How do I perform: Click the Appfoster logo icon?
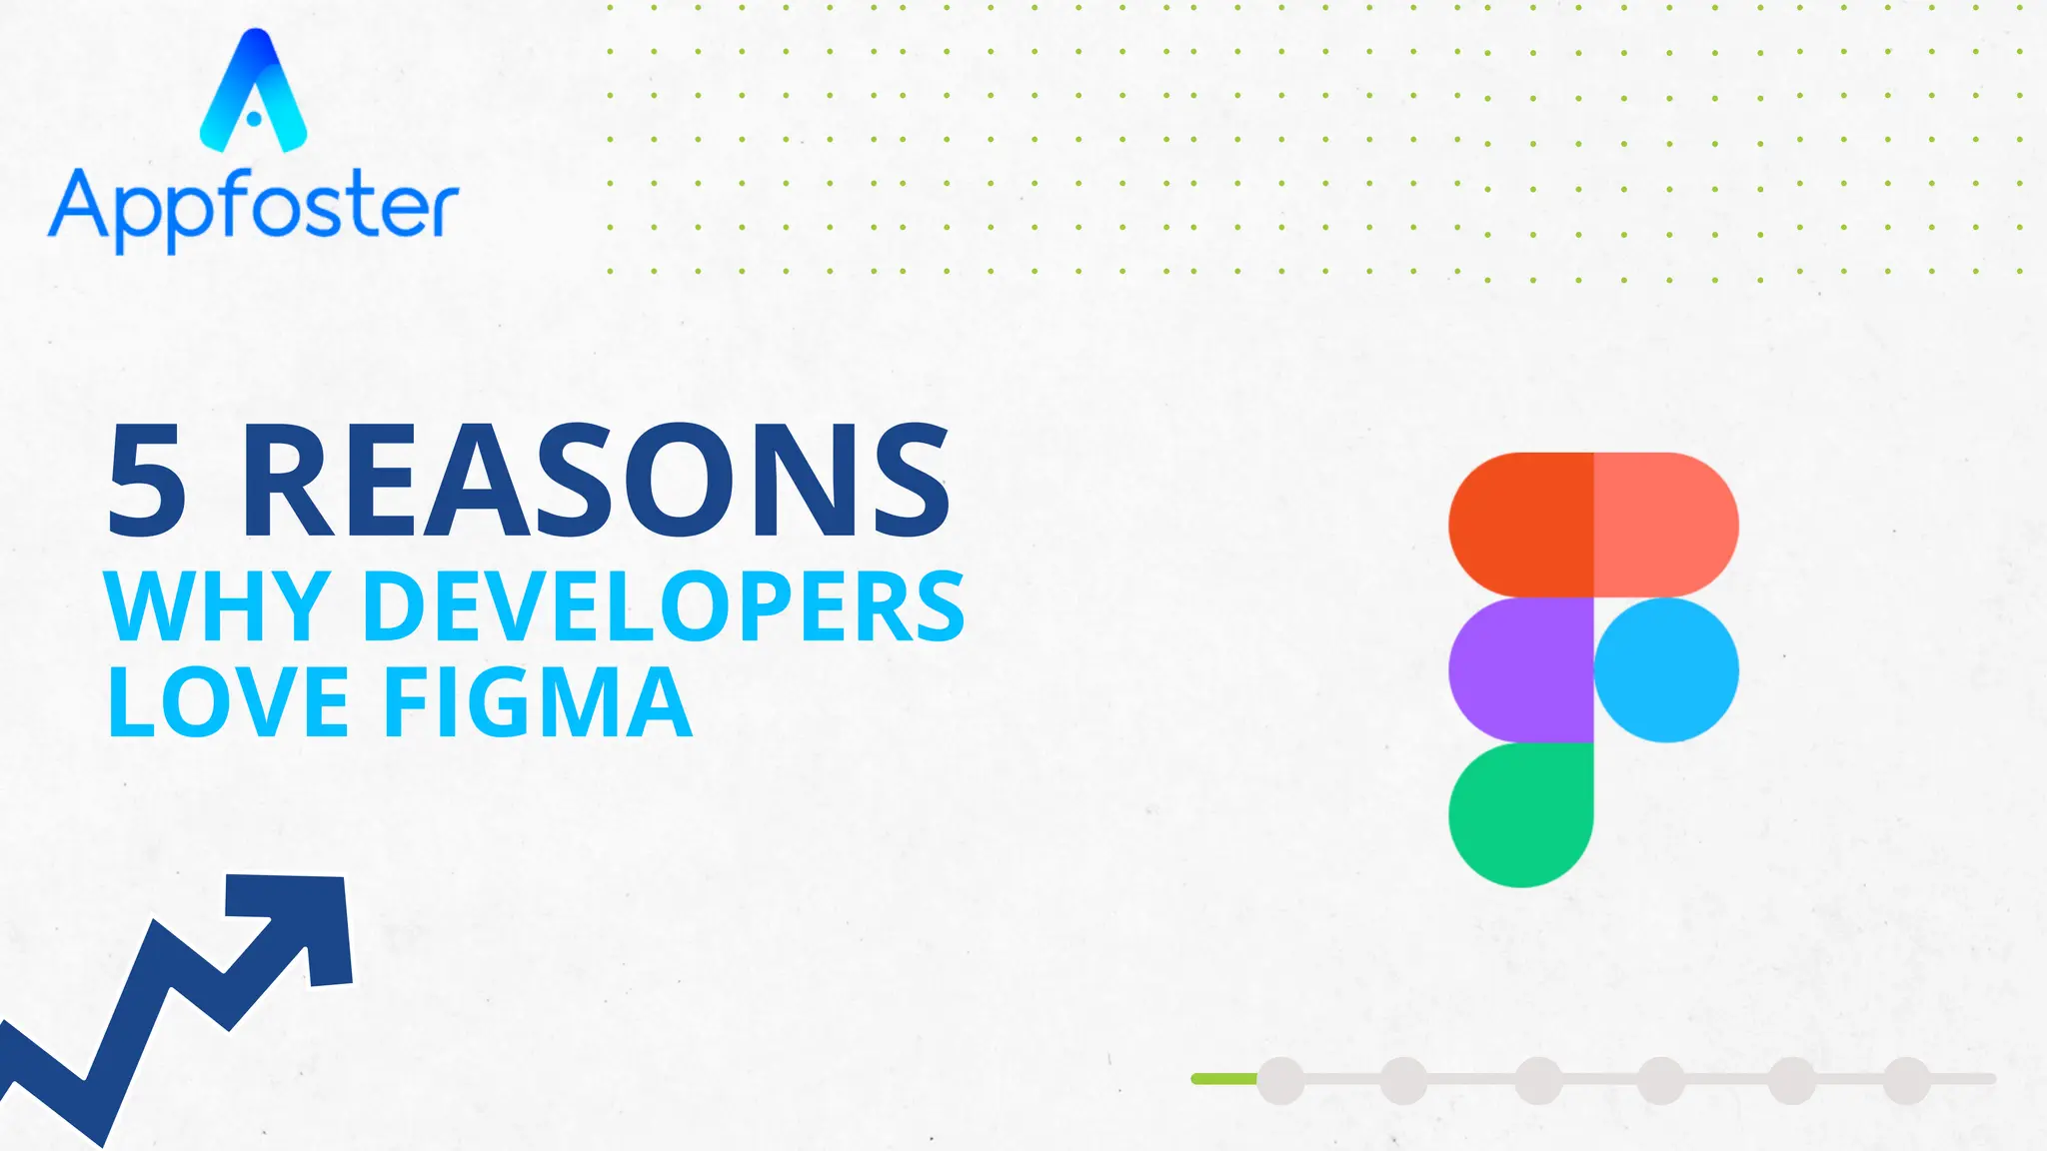254,92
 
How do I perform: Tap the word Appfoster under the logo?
254,208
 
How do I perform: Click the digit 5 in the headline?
146,481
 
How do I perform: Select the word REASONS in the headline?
596,481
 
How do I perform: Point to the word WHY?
217,606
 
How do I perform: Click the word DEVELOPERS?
664,606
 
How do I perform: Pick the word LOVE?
228,703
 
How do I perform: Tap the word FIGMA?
538,703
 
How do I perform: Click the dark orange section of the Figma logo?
1521,525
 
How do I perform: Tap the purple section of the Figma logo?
1521,669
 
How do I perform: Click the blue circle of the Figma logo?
1666,669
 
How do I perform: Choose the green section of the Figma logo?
1521,814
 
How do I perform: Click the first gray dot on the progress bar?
1280,1080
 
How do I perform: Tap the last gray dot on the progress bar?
1906,1080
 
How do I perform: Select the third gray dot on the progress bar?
1538,1080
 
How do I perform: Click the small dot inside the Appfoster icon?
254,119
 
